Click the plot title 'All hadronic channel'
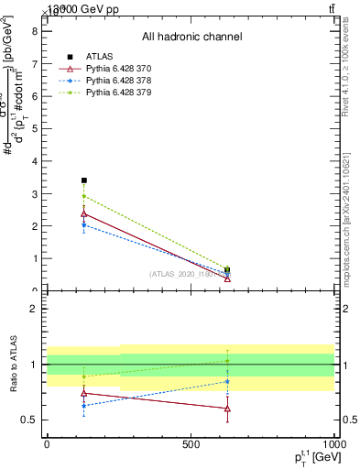point(191,37)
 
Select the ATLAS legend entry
point(101,57)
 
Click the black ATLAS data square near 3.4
point(84,180)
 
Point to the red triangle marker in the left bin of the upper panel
point(84,213)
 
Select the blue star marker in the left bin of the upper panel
point(84,224)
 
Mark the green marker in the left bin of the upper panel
point(84,196)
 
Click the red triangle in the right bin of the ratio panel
point(227,409)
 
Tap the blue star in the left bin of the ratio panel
point(84,406)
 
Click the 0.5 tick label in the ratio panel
point(29,420)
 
